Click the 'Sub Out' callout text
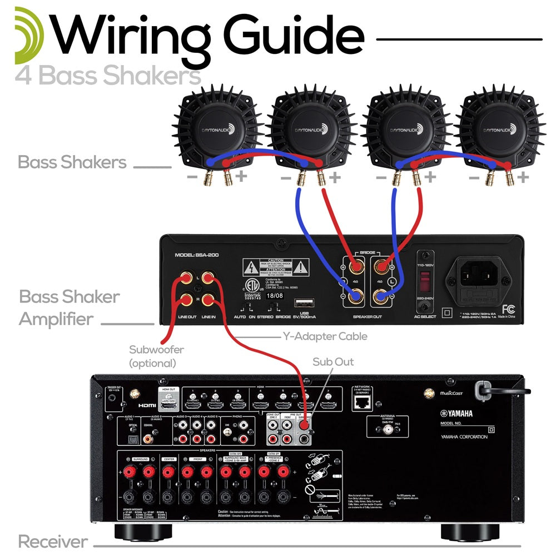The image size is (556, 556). [x=333, y=362]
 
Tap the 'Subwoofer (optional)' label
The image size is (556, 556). [x=152, y=356]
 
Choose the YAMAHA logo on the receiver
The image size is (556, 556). [x=457, y=413]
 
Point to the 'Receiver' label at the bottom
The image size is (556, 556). [x=53, y=541]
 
